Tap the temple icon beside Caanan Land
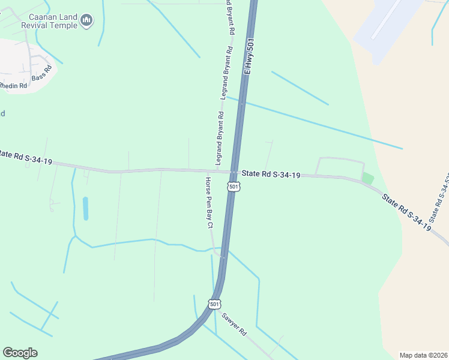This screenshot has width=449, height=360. coord(87,22)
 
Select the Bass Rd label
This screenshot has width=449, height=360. coord(43,74)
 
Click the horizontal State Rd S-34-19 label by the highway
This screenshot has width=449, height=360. coord(271,175)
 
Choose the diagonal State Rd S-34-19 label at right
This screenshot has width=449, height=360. coord(406,211)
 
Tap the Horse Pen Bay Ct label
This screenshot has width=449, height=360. coord(209,203)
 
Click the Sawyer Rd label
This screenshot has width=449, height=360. coord(234,324)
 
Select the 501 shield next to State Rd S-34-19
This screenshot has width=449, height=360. coord(234,187)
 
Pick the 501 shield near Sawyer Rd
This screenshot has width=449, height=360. coord(214,304)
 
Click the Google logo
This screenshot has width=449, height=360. coord(20,353)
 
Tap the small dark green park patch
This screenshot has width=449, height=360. coord(367,178)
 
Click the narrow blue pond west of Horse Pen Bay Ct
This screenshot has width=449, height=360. coord(85,208)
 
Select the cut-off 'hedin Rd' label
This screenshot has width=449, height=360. coord(13,86)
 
